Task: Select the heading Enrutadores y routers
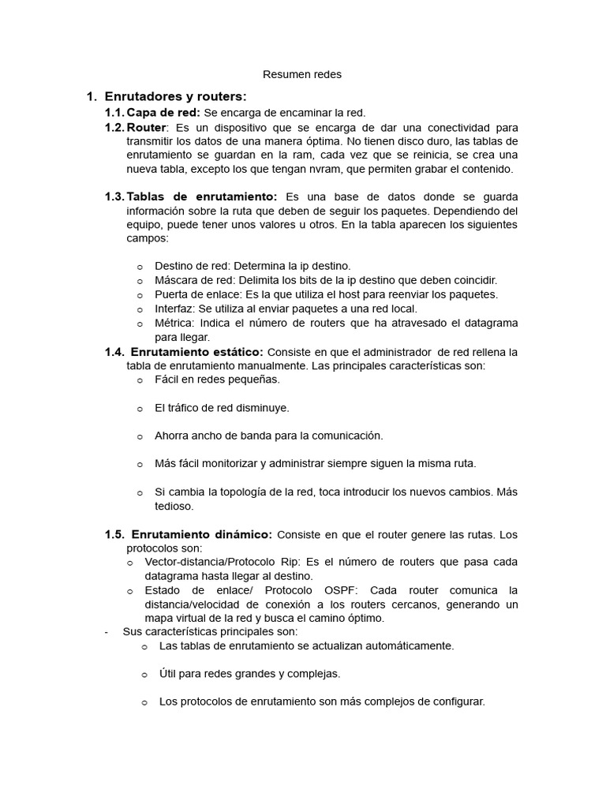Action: coord(175,96)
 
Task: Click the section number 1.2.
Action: coord(114,127)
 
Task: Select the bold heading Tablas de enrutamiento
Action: coord(202,196)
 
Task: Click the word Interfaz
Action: coord(174,309)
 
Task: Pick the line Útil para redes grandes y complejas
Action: coord(249,674)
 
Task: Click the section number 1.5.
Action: coord(114,534)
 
